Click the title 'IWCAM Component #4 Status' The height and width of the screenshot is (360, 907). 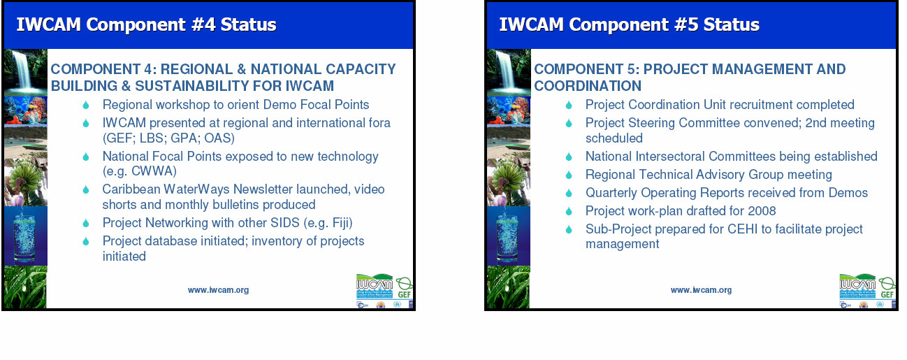coord(146,24)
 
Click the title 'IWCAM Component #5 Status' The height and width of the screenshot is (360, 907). coord(629,24)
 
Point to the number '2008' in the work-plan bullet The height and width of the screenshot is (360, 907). coord(762,211)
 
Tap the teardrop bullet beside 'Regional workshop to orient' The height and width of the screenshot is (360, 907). coord(86,106)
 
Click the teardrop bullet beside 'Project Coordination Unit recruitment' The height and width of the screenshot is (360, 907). coord(569,106)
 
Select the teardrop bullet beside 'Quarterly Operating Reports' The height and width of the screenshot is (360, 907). coord(569,193)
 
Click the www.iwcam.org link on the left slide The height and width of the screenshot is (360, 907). coord(218,290)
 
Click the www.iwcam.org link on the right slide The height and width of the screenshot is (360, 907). coord(702,290)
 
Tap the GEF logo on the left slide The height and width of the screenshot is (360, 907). coord(404,288)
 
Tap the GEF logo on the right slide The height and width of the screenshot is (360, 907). coord(887,288)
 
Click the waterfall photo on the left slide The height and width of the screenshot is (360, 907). coord(26,73)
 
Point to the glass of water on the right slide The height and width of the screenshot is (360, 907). coord(507,237)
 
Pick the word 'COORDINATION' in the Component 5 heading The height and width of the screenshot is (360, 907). coord(588,86)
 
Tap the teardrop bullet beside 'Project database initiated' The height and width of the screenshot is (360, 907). coord(86,242)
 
